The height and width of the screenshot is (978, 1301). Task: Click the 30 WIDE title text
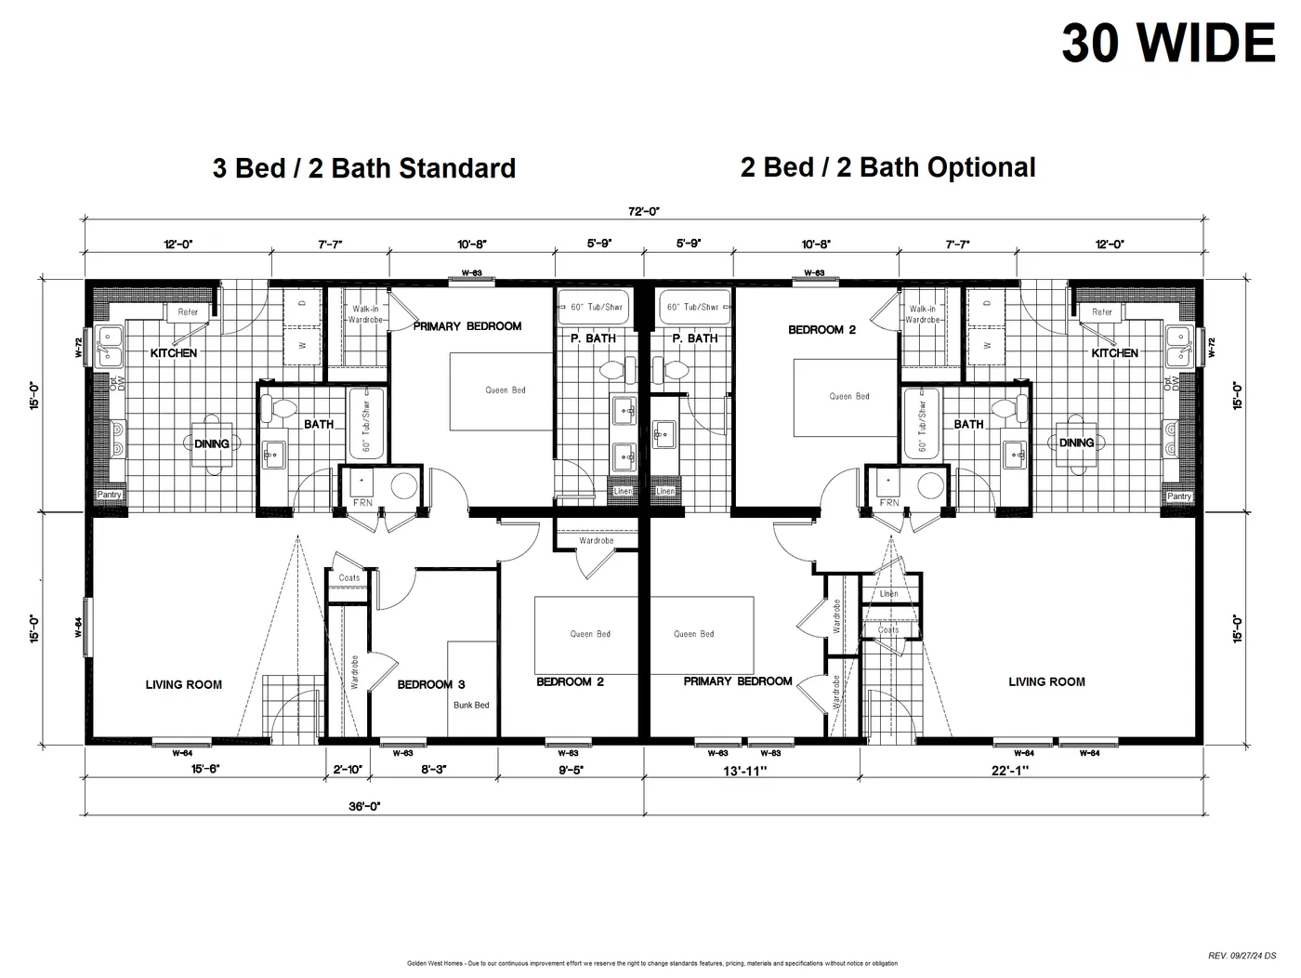point(1168,43)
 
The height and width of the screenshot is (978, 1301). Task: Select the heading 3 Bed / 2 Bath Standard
point(363,168)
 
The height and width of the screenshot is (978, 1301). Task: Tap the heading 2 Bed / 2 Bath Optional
point(887,167)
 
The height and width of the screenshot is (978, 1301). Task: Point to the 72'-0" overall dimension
point(643,211)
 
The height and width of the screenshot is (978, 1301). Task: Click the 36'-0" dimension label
point(364,807)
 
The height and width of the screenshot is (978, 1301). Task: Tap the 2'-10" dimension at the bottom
point(348,770)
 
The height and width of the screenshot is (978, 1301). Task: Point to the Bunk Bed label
point(471,705)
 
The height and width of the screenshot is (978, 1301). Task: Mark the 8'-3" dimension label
point(434,770)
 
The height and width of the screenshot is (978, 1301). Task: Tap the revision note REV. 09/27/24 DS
point(1242,955)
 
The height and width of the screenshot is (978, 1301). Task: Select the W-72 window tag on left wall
point(79,348)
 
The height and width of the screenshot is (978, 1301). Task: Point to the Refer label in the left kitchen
point(188,312)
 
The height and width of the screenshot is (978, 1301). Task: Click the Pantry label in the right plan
point(1178,496)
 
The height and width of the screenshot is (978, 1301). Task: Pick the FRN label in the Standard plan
point(363,503)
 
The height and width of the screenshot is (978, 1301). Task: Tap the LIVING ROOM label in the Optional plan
point(1046,681)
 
